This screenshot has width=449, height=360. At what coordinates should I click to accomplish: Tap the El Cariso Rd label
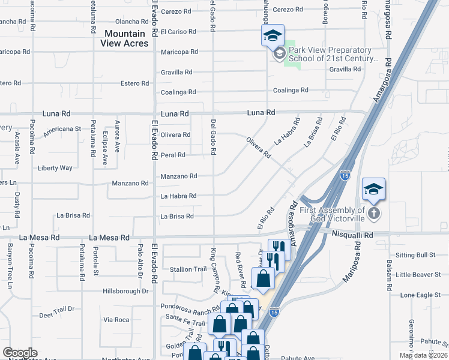[178, 32]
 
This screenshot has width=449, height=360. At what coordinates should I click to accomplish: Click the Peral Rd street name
[173, 155]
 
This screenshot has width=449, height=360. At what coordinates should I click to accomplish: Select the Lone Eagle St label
[416, 295]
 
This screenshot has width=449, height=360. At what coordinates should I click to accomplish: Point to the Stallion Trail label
[188, 269]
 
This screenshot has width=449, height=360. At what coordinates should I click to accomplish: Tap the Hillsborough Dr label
[125, 291]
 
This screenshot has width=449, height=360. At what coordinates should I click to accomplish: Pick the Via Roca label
[116, 320]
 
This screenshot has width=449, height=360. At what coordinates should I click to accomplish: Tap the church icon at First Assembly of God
[373, 213]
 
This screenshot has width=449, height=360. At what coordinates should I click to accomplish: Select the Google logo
[20, 353]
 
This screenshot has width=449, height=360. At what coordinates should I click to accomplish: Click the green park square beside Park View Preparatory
[292, 55]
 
